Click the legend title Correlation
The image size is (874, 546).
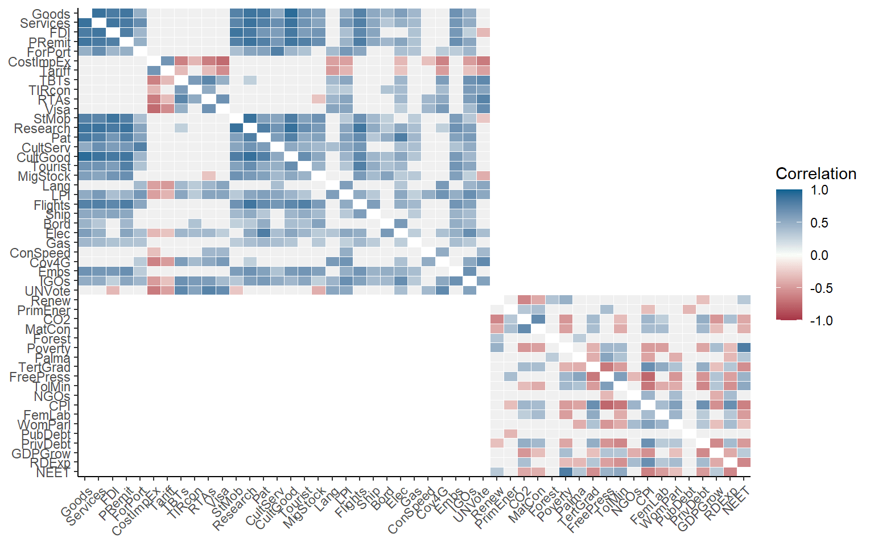click(815, 174)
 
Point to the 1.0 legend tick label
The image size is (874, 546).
click(819, 191)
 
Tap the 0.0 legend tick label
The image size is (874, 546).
click(819, 255)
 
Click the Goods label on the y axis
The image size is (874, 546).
click(51, 14)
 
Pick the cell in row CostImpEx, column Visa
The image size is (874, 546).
click(222, 61)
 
